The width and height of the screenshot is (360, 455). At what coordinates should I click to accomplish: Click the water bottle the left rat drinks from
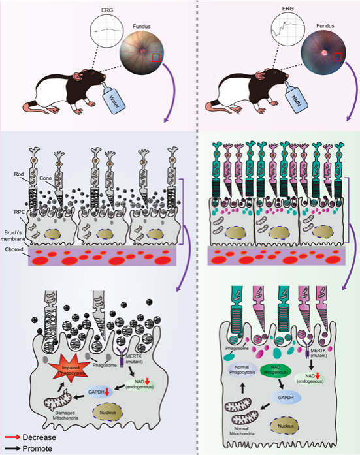pos(112,98)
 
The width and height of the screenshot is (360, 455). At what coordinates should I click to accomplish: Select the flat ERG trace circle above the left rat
pos(106,30)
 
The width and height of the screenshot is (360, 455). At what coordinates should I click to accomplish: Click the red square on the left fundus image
pos(156,57)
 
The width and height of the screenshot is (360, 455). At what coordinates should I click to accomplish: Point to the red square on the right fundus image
pos(337,57)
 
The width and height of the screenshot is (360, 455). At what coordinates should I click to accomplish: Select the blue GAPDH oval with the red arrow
pos(99,392)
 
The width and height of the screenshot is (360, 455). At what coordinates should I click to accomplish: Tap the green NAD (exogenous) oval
pos(276,369)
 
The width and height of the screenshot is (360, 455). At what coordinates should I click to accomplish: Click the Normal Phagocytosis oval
pos(242,369)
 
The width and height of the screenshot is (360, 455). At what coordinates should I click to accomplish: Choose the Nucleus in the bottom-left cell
pos(107,412)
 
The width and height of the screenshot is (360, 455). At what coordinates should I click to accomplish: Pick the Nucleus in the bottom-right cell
pos(285,426)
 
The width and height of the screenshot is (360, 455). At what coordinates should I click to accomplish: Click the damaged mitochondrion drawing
pos(57,400)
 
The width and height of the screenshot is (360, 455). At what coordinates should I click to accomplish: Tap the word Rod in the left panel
pos(19,174)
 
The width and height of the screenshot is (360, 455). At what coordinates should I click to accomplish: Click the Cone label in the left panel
pos(46,178)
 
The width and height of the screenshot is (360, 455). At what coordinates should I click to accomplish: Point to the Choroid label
pos(14,249)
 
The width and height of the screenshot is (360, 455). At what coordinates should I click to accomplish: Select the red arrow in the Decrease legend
pos(12,437)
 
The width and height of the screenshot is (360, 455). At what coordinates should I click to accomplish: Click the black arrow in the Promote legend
pos(12,448)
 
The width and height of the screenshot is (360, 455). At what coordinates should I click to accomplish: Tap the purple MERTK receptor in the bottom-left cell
pos(122,357)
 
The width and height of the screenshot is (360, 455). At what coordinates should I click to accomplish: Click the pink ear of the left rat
pos(78,77)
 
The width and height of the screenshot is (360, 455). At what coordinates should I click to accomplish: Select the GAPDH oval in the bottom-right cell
pos(286,398)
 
